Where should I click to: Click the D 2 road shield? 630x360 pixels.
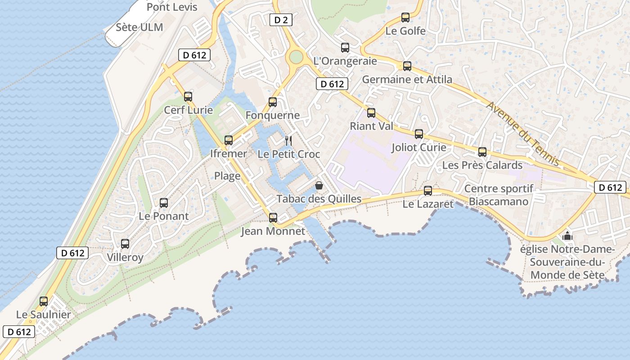click(281, 20)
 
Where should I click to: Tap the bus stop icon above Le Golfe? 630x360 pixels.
click(405, 18)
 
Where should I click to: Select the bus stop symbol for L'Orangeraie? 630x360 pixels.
click(345, 48)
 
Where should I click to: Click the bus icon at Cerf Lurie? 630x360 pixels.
click(188, 96)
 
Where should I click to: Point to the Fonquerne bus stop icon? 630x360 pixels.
click(273, 102)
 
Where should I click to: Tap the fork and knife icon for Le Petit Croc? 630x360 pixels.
click(288, 141)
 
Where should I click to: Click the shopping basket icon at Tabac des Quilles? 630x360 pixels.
click(319, 185)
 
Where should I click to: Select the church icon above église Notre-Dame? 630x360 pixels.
click(567, 236)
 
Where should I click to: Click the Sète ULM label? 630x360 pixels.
click(139, 27)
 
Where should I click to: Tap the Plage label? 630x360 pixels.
click(227, 176)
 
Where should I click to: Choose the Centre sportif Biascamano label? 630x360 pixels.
click(499, 195)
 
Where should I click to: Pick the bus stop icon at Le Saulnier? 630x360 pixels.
click(44, 301)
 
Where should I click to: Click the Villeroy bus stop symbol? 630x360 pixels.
click(125, 244)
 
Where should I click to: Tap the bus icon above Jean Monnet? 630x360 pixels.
click(273, 218)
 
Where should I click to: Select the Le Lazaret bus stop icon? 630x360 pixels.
click(428, 191)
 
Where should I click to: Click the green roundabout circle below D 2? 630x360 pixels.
click(296, 57)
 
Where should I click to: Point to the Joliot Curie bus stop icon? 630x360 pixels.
click(419, 134)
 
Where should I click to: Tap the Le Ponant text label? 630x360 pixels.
click(164, 216)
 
